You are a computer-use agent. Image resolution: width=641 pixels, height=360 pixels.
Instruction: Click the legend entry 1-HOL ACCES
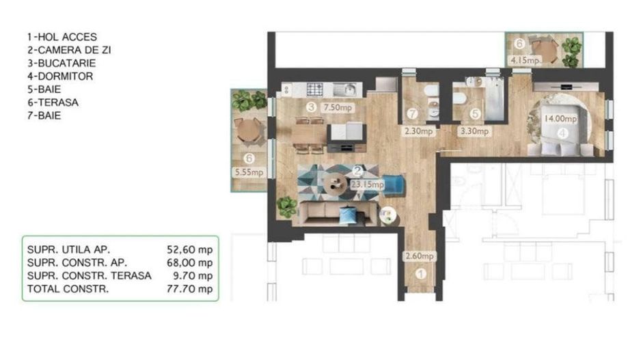coord(62,37)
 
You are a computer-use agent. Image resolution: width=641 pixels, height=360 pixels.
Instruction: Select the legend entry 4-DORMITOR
coord(59,77)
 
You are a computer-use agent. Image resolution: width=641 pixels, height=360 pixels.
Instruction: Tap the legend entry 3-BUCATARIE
coord(63,64)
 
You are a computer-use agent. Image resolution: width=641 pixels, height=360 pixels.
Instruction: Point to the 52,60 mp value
coord(190,249)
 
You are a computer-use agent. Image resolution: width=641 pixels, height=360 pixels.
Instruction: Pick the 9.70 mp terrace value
coord(192,276)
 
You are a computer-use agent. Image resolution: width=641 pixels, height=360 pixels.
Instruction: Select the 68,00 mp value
coord(190,262)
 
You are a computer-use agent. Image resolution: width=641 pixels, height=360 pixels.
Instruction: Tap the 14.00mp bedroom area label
coord(560,118)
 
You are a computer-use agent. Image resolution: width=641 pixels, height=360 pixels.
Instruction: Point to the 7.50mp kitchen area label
coord(338,107)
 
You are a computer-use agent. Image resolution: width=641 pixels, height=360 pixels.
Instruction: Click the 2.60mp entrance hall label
coord(419,256)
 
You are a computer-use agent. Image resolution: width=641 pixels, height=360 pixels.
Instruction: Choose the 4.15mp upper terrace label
coord(526,60)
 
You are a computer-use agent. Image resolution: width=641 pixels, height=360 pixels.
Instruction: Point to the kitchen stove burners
coord(315,89)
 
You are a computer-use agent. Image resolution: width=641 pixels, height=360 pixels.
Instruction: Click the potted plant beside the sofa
coord(287,206)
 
